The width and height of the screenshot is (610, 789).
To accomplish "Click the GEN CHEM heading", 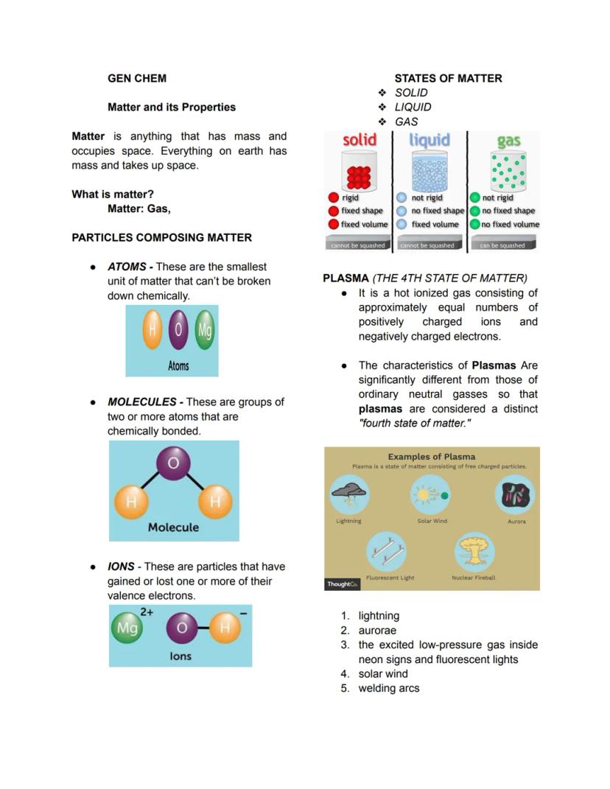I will pos(136,78).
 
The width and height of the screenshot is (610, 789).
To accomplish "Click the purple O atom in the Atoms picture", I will pos(178,329).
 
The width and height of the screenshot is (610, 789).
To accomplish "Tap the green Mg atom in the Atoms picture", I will pos(204,329).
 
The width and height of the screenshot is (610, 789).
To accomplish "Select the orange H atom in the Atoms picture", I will pos(152,329).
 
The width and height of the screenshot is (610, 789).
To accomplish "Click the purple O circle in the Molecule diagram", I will pos(173,463).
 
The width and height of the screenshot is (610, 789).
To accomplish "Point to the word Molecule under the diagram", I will pos(173,527).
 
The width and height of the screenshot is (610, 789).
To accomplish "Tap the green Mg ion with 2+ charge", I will pos(127,628).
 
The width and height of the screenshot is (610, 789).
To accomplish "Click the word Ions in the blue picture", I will pos(180,656).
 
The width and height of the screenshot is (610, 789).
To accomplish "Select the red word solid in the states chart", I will pos(360,140).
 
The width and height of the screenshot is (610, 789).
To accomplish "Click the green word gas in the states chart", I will pos(508,141).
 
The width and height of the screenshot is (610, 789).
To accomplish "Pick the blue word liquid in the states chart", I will pos(430,140).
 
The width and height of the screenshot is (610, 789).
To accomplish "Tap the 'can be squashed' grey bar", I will pos(502,245).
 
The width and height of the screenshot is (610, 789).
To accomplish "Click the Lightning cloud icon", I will pos(349,495).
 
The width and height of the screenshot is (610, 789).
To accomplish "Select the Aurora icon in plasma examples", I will pos(516,495).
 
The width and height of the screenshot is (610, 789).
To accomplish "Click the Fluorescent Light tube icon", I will pos(390,551).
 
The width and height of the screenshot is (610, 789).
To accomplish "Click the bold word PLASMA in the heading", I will pos(346,278).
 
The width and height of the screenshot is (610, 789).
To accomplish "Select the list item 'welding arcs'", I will pos(388,688).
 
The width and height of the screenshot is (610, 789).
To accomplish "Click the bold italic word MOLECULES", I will pos(142,402).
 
